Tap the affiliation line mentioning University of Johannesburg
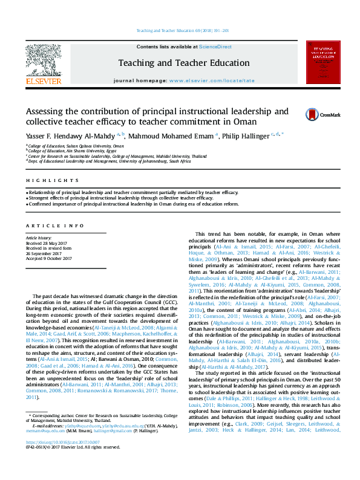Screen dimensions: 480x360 (109, 161)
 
